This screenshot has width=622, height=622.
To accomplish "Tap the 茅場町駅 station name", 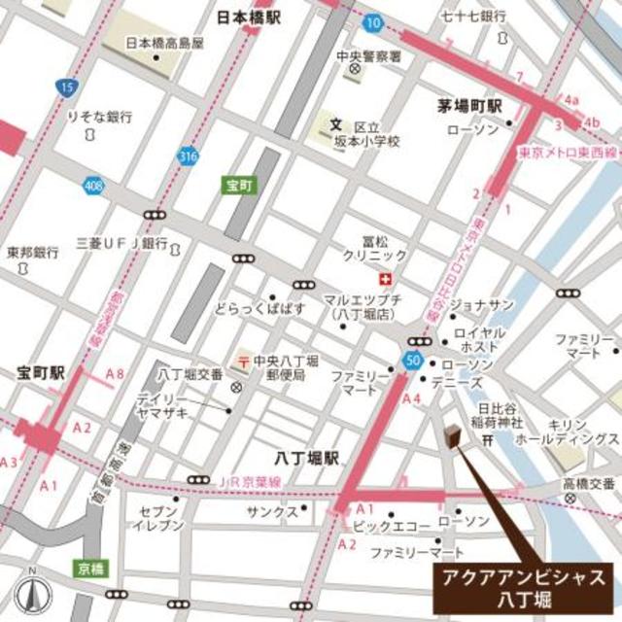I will pos(467,105).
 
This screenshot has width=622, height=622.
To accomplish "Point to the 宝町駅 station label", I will pos(40,373).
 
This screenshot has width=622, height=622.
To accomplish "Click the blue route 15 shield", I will pos(66,88).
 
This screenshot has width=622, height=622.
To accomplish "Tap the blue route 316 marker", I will pos(188,155).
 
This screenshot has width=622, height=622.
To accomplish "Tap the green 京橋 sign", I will pos(87,566).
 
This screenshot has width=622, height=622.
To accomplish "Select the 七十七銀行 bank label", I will pos(473,17).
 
